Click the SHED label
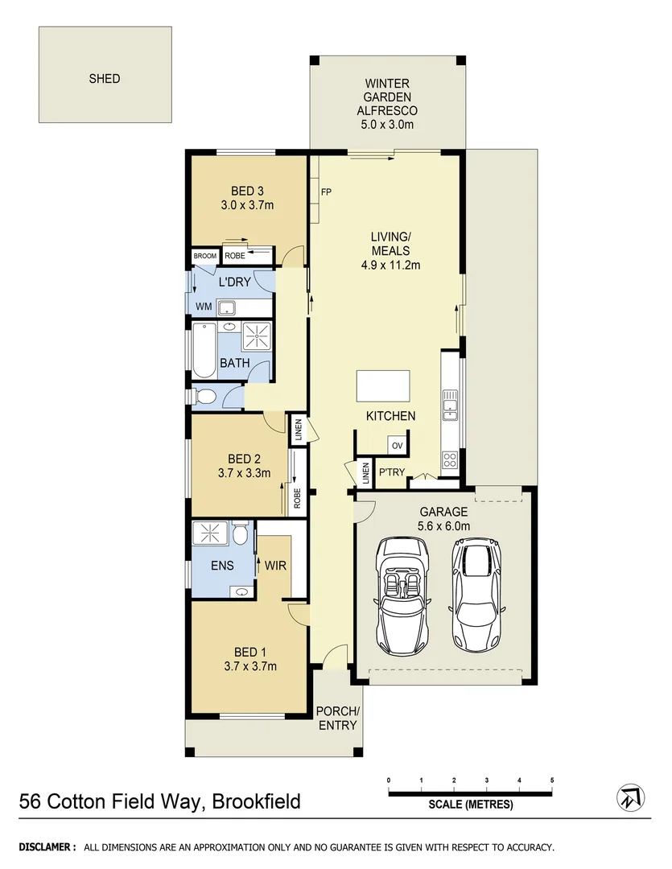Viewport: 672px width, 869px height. pyautogui.click(x=105, y=79)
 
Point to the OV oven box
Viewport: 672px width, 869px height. pyautogui.click(x=397, y=446)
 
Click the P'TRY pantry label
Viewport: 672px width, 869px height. pyautogui.click(x=391, y=472)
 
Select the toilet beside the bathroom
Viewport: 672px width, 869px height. pyautogui.click(x=204, y=396)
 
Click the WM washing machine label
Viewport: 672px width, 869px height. pyautogui.click(x=204, y=307)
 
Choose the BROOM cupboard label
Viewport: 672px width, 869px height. pyautogui.click(x=204, y=256)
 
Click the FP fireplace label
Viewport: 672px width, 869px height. pyautogui.click(x=326, y=192)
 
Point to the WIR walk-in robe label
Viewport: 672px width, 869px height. pyautogui.click(x=276, y=566)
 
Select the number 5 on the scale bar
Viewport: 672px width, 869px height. pyautogui.click(x=552, y=780)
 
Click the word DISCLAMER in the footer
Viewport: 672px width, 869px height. pyautogui.click(x=47, y=847)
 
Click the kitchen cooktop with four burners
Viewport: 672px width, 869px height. pyautogui.click(x=449, y=461)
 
